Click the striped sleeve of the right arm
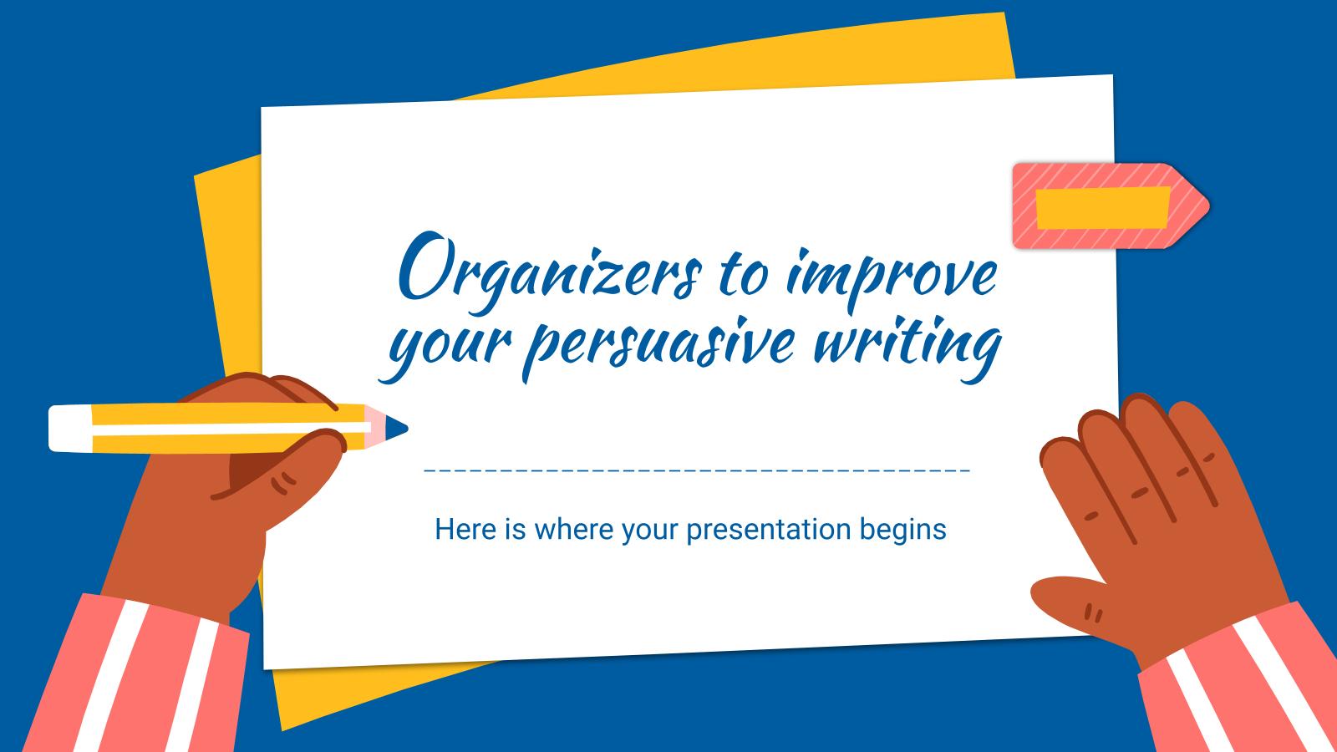pyautogui.click(x=1245, y=685)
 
